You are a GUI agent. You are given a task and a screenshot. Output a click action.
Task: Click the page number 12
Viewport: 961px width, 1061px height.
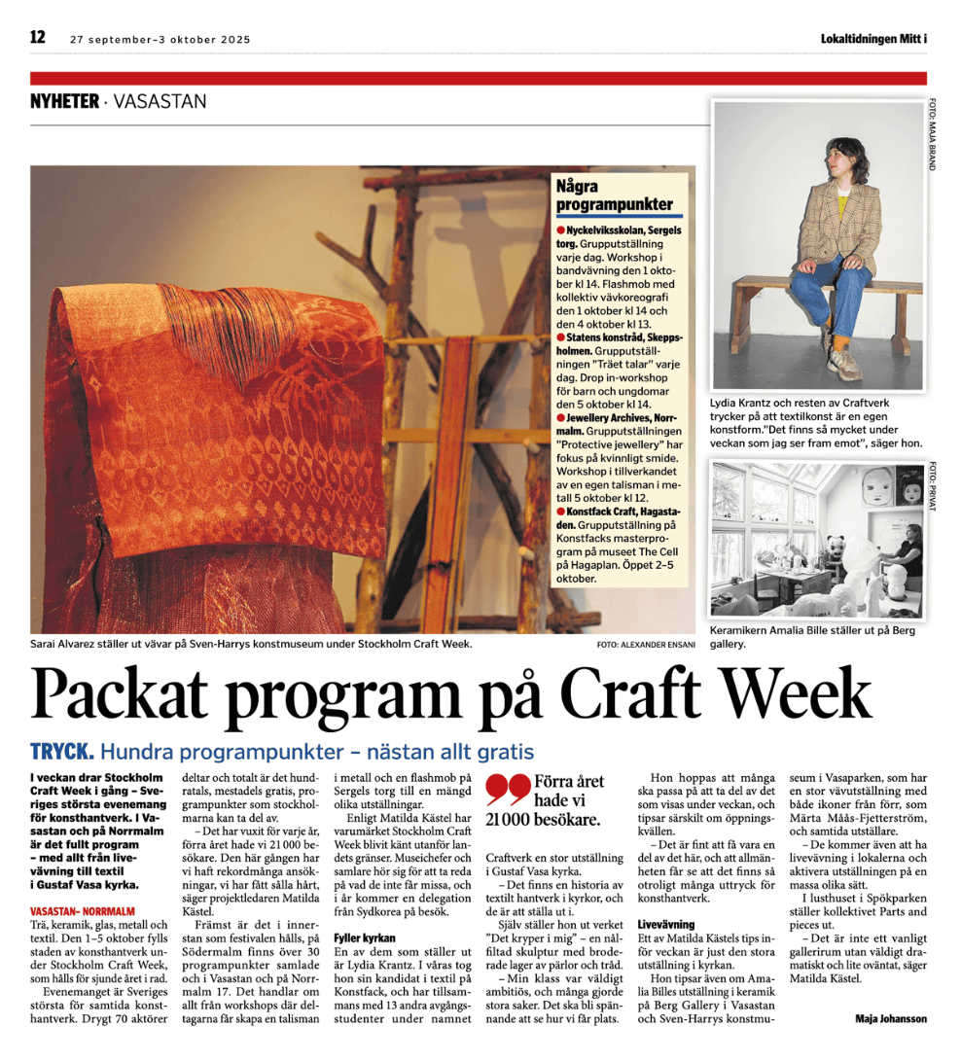click(x=38, y=38)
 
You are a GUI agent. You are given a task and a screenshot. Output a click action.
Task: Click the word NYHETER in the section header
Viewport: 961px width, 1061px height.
click(x=64, y=101)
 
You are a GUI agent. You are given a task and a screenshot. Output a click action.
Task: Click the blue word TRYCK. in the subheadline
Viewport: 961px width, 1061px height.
click(x=62, y=752)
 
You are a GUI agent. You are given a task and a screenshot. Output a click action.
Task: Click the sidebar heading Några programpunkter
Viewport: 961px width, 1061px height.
click(x=614, y=195)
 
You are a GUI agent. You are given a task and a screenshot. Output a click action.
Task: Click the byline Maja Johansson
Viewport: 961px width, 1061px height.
click(x=891, y=1018)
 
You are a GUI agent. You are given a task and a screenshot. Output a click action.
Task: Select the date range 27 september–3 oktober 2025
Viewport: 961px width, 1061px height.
click(x=160, y=40)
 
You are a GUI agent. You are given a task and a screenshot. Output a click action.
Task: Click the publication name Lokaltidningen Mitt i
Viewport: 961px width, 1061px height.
click(x=872, y=39)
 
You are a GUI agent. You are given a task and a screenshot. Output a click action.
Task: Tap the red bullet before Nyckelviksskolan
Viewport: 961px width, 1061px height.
click(x=561, y=230)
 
